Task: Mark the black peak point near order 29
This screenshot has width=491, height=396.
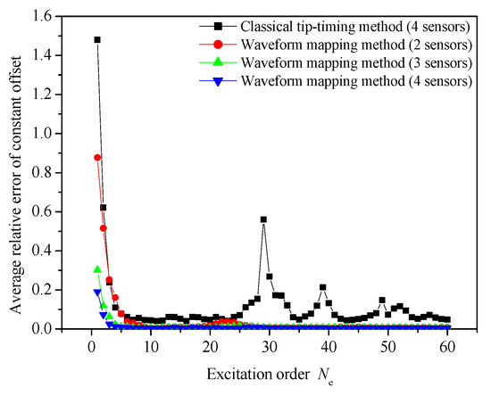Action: [263, 219]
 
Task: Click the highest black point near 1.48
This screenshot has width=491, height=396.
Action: [97, 39]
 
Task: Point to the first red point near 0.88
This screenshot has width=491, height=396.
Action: [97, 157]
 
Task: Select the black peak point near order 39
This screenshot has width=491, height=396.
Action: [322, 287]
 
